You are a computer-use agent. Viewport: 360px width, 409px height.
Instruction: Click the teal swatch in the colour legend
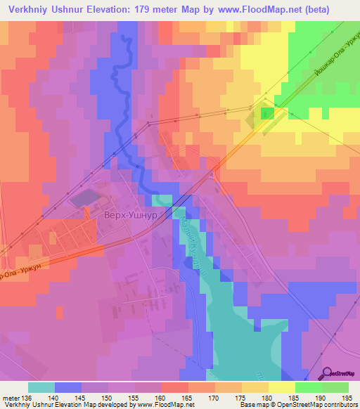point(41,387)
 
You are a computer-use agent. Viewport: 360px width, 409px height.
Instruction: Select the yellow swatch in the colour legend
point(281,387)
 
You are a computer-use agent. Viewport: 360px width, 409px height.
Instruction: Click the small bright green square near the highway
point(268,113)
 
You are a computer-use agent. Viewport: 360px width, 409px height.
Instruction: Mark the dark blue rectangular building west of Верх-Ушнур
point(84,197)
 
